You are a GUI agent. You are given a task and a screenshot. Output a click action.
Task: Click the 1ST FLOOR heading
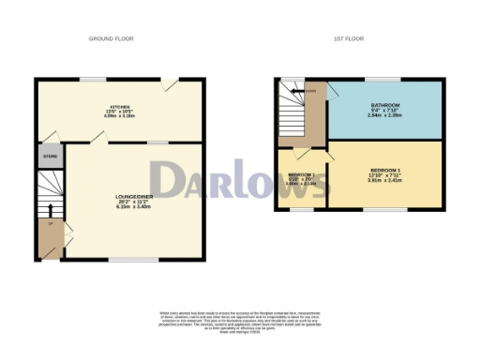point(349,38)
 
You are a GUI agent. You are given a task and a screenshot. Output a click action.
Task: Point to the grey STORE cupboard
point(49,156)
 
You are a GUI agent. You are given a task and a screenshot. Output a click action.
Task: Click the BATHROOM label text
point(384,104)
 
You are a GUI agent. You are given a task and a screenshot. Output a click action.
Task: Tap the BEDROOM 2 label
point(301,175)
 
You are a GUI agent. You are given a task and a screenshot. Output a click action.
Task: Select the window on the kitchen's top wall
point(92,80)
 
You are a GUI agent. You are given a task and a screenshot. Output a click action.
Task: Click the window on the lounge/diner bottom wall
point(120,259)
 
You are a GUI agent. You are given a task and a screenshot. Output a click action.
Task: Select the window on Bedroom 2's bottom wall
point(301,210)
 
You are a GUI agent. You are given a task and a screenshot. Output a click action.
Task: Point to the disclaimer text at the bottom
point(240,319)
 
